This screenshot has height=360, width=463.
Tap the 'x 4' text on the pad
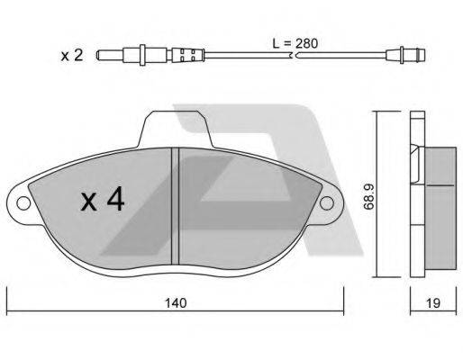point(102,200)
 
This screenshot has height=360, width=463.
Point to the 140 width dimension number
point(176,304)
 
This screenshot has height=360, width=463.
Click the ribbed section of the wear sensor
point(189,56)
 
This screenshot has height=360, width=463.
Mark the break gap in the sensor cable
point(292,56)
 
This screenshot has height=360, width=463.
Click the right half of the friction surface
point(243,207)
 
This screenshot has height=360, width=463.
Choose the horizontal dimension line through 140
point(90,304)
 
